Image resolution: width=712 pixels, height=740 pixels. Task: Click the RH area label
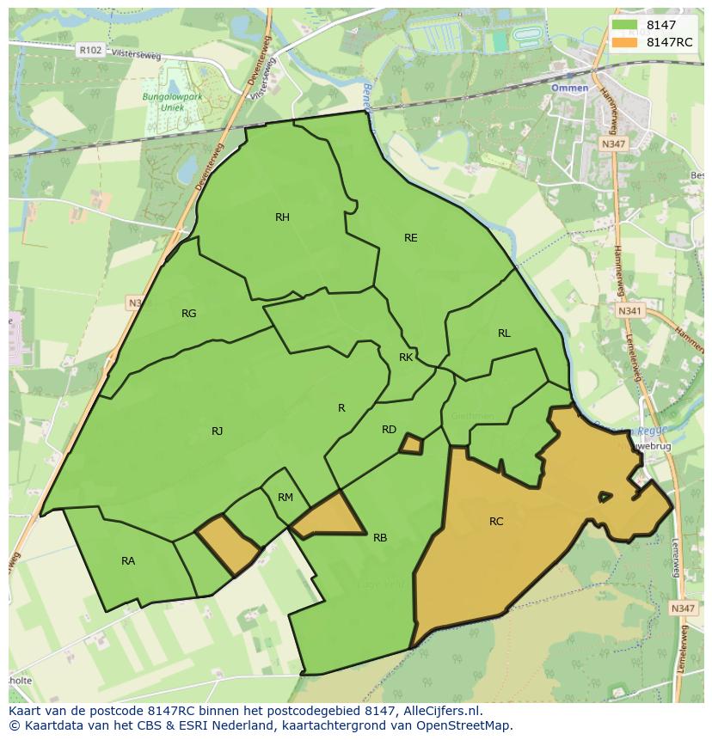click(282, 217)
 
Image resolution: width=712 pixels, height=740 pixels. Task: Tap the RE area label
click(411, 238)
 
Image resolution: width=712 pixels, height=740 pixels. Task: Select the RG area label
click(189, 314)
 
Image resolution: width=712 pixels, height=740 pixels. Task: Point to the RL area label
click(504, 333)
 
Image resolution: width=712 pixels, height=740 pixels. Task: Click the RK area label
click(406, 358)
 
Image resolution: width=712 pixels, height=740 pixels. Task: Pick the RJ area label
click(218, 431)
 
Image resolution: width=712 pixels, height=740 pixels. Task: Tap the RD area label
click(389, 430)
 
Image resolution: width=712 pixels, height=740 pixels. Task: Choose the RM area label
click(285, 498)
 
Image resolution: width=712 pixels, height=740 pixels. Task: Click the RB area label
click(380, 538)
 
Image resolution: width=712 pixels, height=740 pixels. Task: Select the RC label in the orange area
click(496, 522)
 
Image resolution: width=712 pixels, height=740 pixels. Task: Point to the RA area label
click(128, 561)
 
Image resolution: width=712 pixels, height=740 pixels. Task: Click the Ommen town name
click(570, 88)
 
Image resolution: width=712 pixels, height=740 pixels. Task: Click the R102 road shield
click(89, 51)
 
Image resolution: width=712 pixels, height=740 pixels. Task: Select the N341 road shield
click(630, 310)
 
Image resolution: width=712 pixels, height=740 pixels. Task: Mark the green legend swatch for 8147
click(625, 25)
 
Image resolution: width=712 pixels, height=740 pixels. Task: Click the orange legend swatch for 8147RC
click(625, 42)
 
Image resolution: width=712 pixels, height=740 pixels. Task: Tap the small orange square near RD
click(412, 444)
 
